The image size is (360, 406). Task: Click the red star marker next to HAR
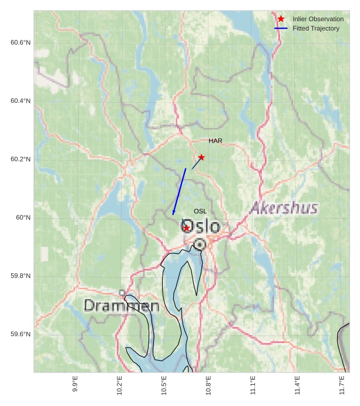[201, 157]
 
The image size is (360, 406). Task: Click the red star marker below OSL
[186, 228]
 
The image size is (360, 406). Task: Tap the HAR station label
[216, 141]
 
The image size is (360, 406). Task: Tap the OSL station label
[200, 211]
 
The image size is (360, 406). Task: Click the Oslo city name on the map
[201, 226]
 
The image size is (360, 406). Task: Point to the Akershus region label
[284, 208]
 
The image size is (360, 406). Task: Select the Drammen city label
[122, 306]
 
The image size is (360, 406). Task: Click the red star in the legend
[281, 19]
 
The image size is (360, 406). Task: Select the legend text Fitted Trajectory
[316, 28]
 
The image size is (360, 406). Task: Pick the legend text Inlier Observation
[318, 19]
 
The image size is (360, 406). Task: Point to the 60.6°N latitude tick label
[21, 43]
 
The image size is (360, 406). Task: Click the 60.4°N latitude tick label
[21, 101]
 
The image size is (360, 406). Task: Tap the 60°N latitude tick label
[23, 218]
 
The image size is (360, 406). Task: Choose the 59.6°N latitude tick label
[21, 334]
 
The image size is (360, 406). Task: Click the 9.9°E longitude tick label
[75, 384]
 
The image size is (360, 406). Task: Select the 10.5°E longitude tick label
[164, 385]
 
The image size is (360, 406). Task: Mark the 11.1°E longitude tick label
[253, 385]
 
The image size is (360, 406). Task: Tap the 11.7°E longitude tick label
[342, 385]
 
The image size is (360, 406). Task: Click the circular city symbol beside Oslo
[200, 243]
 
